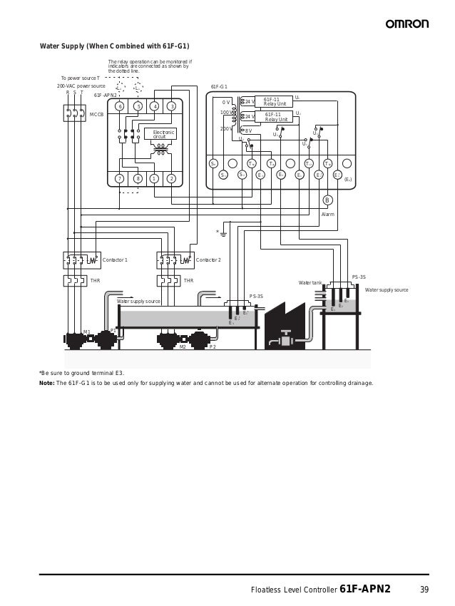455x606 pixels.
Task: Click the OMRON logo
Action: [x=407, y=24]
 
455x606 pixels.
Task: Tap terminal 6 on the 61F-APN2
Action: [x=120, y=106]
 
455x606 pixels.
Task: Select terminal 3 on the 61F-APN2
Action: [x=171, y=106]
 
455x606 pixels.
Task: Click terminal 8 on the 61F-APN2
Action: [x=137, y=178]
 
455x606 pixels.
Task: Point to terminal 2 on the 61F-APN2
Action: [x=171, y=178]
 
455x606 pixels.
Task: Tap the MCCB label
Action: [x=96, y=114]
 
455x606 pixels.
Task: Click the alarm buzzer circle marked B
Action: [x=327, y=200]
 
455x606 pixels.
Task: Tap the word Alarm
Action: [x=327, y=214]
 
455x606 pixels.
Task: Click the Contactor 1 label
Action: [x=115, y=260]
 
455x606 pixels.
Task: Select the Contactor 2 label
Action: [x=208, y=260]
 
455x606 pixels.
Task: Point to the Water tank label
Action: [x=310, y=283]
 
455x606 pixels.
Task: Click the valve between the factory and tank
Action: [x=286, y=338]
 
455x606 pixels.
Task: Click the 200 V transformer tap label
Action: [x=225, y=129]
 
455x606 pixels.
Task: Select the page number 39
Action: [x=424, y=589]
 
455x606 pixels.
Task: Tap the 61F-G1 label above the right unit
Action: [x=219, y=86]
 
